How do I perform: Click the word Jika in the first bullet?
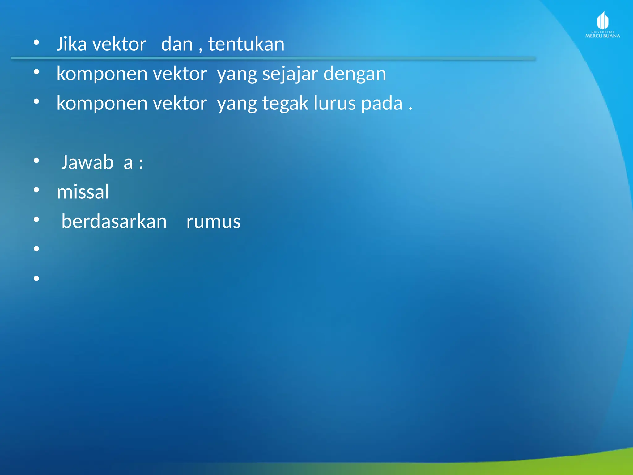71,44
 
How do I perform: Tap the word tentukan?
246,44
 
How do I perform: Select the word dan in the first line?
177,44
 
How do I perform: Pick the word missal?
83,191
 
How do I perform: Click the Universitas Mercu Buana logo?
602,25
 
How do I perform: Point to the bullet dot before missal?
36,190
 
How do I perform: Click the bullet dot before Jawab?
36,160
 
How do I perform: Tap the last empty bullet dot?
36,278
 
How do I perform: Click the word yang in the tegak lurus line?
237,104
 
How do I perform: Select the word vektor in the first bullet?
119,44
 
